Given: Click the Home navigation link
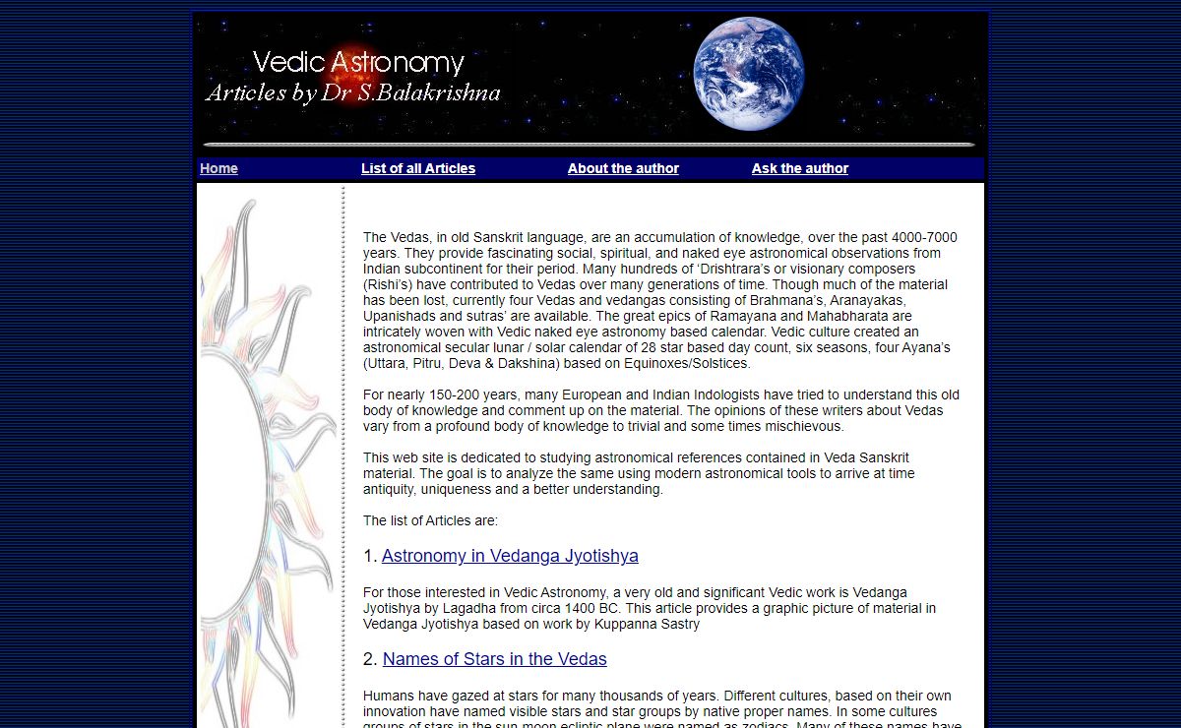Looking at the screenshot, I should pos(218,168).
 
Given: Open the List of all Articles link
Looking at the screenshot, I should pos(417,168).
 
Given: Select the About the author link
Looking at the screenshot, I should pos(623,168).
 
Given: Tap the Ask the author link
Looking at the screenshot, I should pos(799,168).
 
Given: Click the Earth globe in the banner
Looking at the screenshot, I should pos(748,74).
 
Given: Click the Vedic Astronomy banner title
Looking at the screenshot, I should pos(358,63).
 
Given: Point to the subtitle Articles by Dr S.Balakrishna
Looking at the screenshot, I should pos(352,93).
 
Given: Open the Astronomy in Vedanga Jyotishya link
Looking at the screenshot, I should pos(510,556).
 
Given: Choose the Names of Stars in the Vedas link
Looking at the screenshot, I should pos(494,659).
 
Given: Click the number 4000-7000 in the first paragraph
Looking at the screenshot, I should pos(924,237).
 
